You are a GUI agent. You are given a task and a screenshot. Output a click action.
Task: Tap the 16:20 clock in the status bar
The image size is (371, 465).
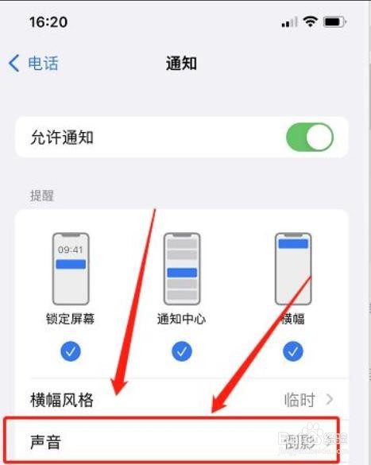48,21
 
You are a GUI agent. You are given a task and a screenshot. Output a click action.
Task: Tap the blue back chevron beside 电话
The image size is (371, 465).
14,63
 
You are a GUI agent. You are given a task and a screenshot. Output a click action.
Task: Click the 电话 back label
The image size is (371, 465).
44,63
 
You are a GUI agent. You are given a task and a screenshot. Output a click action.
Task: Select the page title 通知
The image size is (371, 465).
181,63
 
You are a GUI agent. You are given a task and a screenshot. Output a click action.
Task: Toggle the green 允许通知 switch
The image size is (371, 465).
309,138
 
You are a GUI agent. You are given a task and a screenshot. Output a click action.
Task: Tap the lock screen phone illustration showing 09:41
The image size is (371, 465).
70,269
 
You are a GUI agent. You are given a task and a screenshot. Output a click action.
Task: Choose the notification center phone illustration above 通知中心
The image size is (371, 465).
182,269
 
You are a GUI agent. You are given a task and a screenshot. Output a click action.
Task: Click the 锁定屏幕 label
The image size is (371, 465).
70,320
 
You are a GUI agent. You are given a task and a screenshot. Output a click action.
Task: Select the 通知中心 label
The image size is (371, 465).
182,320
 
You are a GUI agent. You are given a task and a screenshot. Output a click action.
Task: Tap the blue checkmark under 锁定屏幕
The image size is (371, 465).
70,351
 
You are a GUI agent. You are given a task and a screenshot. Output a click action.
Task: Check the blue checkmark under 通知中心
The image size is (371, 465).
182,351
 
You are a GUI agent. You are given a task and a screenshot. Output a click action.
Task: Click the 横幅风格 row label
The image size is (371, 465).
61,399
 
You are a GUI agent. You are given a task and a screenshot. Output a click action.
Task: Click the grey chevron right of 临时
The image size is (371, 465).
329,399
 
